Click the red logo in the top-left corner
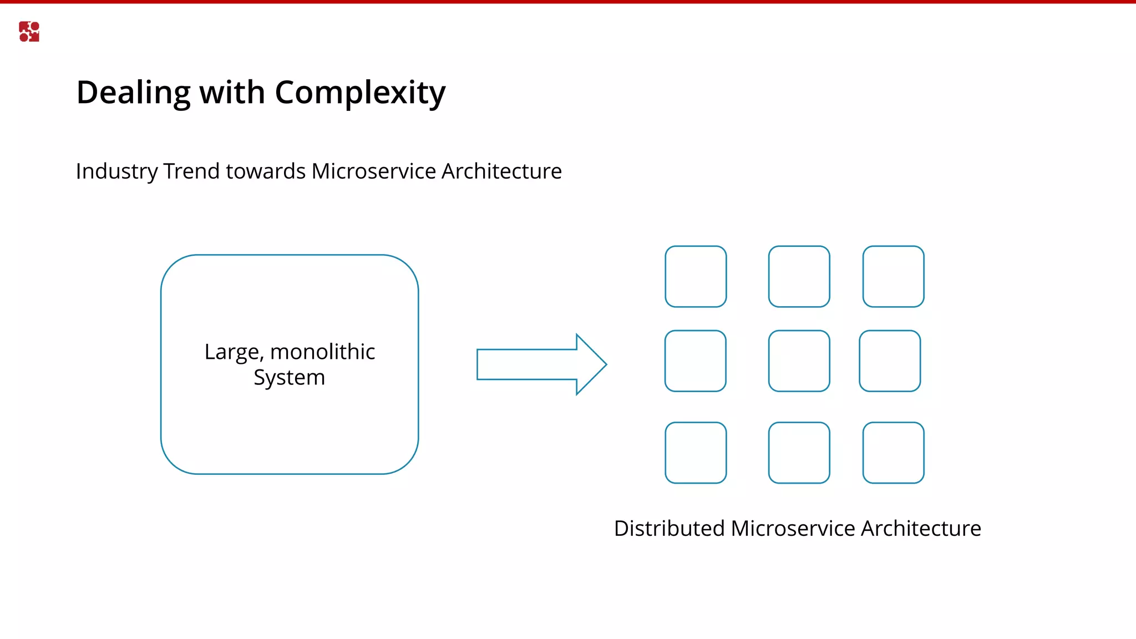29,32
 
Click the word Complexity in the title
360,93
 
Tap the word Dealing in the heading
133,93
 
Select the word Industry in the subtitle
116,171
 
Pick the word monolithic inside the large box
322,352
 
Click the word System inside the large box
289,378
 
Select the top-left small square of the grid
696,276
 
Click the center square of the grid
799,361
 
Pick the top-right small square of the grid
893,276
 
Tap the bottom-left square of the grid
696,453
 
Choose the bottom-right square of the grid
893,453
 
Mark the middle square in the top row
799,276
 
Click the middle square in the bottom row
799,453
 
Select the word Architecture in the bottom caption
921,529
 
